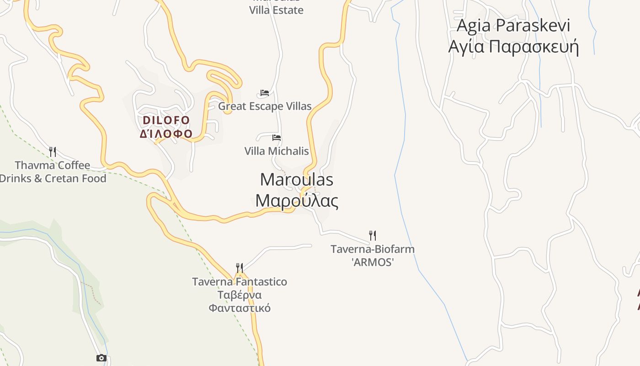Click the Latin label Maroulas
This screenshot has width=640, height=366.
click(x=296, y=180)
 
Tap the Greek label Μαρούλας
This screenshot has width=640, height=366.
click(x=297, y=201)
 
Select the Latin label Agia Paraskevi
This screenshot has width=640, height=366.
click(x=513, y=26)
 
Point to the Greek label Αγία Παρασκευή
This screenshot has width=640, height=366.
click(x=513, y=47)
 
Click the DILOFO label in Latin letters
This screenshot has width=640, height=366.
click(x=166, y=120)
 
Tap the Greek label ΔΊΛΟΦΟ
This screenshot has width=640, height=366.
click(x=166, y=134)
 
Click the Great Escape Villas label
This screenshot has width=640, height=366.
click(x=265, y=107)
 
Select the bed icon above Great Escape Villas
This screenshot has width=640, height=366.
click(x=264, y=93)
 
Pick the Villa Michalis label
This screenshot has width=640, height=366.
click(x=277, y=151)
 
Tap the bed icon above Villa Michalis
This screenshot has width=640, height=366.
click(x=276, y=137)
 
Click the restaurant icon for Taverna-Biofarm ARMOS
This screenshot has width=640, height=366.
click(x=373, y=236)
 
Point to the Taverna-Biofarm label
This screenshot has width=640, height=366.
click(x=373, y=249)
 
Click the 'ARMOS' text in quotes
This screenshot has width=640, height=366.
click(x=373, y=263)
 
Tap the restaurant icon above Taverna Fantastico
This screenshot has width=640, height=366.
click(x=239, y=268)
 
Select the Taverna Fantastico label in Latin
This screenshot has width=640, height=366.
click(x=240, y=282)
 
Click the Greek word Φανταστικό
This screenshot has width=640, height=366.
click(x=240, y=308)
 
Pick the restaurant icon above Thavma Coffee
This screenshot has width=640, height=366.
click(x=53, y=151)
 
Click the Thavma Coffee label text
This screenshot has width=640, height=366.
click(x=53, y=165)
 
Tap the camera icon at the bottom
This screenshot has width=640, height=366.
click(x=101, y=358)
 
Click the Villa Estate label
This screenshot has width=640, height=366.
click(x=276, y=10)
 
